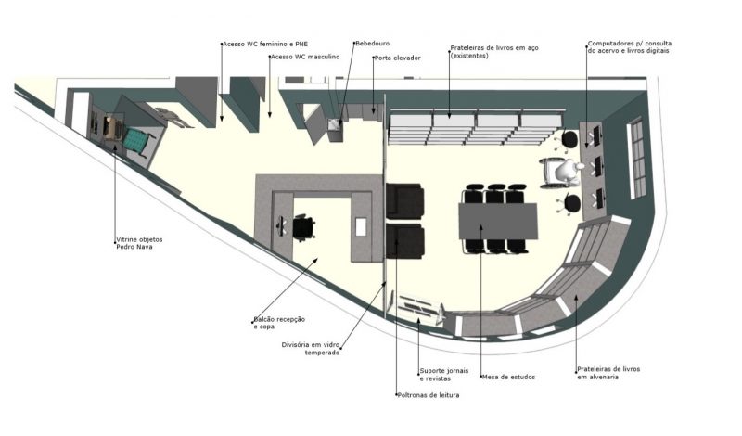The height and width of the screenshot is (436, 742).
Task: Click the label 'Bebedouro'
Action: point(373,44)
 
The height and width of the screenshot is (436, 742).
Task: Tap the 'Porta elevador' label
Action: point(398,58)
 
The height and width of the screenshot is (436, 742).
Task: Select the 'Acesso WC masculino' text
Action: point(305,57)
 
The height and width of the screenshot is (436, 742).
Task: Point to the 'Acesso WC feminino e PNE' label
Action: point(265,44)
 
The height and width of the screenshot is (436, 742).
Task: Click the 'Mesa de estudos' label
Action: point(508,378)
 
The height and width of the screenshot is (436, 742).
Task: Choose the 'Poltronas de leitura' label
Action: point(429,395)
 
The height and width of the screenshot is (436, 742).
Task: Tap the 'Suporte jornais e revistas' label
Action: point(444,375)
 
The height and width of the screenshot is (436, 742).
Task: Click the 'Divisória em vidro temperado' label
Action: point(311,349)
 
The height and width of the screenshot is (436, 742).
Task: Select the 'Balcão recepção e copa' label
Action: point(279,323)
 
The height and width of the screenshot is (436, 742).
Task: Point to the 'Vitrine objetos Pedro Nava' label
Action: point(139,243)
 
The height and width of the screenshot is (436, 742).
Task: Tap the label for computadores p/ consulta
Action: point(629,47)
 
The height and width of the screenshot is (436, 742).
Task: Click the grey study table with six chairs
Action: point(498,221)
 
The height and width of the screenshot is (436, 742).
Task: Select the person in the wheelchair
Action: point(564,173)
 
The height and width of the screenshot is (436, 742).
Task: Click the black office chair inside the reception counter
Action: point(303,227)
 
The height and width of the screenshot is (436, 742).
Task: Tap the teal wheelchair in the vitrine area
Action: point(137,142)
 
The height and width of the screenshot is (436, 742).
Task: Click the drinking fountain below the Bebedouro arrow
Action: point(335,130)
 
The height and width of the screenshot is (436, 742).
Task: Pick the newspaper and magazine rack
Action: point(416,309)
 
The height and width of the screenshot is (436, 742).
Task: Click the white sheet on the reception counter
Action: point(361,226)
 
